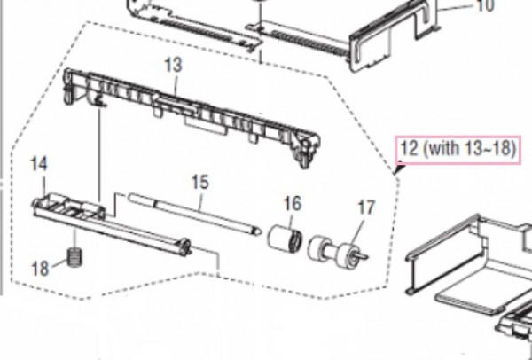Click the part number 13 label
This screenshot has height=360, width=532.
[174, 65]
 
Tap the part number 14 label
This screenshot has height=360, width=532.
[39, 164]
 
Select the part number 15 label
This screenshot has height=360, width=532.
[200, 182]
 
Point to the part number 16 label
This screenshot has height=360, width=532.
[293, 204]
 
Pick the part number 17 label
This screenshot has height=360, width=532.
[366, 207]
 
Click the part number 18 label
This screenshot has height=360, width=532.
[40, 269]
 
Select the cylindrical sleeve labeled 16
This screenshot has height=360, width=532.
[285, 239]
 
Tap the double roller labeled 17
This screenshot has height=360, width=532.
[338, 250]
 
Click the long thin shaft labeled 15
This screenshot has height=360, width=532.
[194, 214]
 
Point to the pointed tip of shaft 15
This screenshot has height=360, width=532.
[260, 231]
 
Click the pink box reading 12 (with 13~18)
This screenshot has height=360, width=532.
[458, 150]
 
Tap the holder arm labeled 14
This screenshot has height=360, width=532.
[112, 224]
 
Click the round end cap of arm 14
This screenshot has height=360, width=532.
[184, 247]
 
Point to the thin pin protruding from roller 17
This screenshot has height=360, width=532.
[362, 255]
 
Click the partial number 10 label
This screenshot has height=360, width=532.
[486, 6]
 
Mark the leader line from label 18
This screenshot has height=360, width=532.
[60, 263]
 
